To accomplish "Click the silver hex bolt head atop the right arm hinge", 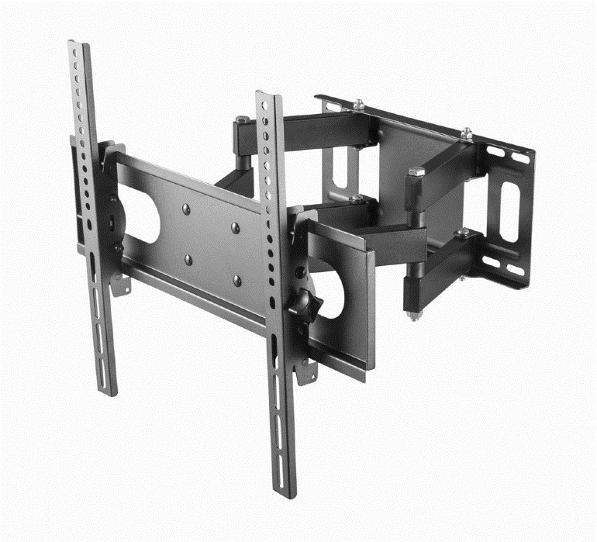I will click(416, 171).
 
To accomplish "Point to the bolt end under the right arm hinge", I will click(412, 315).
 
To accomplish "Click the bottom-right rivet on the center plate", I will click(237, 279).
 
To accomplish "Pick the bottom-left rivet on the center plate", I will click(188, 260).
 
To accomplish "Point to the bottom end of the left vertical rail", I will click(109, 391).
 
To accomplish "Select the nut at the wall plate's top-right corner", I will click(467, 133).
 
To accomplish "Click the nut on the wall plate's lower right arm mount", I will click(463, 232).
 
